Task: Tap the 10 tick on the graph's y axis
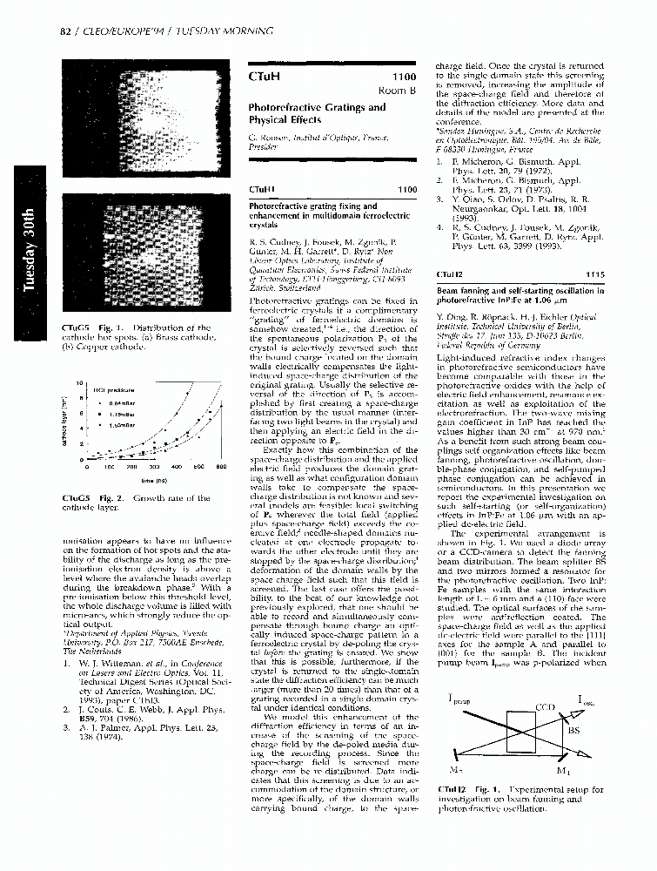coord(79,383)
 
